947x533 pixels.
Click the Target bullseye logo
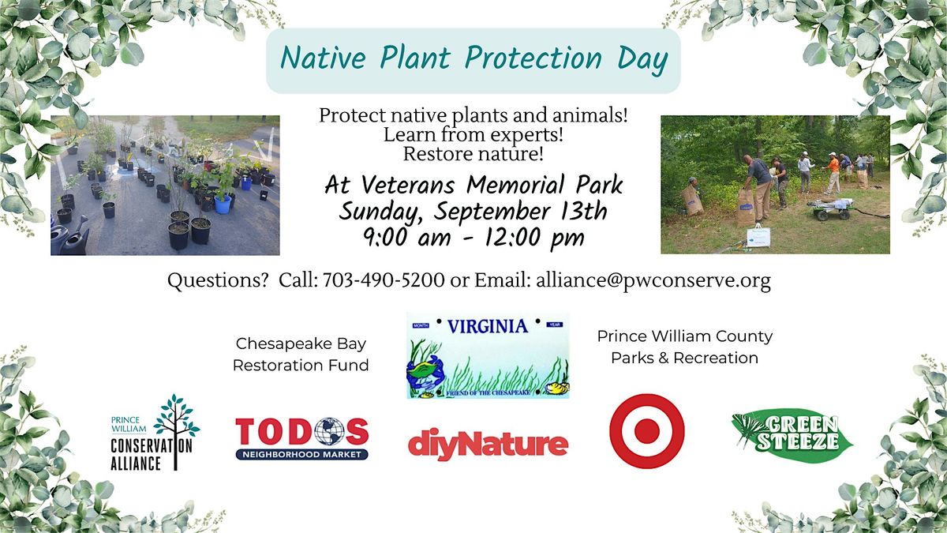coord(647,431)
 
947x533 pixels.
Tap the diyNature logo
coord(488,444)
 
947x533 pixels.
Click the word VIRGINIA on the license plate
coord(488,327)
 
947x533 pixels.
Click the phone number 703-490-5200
coord(384,280)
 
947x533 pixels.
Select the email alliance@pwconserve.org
coord(653,281)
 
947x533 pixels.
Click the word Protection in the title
coord(533,58)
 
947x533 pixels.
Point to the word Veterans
coord(407,186)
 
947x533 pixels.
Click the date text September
coord(492,212)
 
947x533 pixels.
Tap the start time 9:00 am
coord(406,237)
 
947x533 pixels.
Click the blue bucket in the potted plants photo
coord(223,204)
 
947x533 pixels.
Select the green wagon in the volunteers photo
coord(832,209)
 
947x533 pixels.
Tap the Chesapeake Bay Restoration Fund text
coord(301,355)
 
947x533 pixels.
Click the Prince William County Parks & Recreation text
coord(685,347)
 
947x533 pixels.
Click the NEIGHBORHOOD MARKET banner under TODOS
coord(301,455)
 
